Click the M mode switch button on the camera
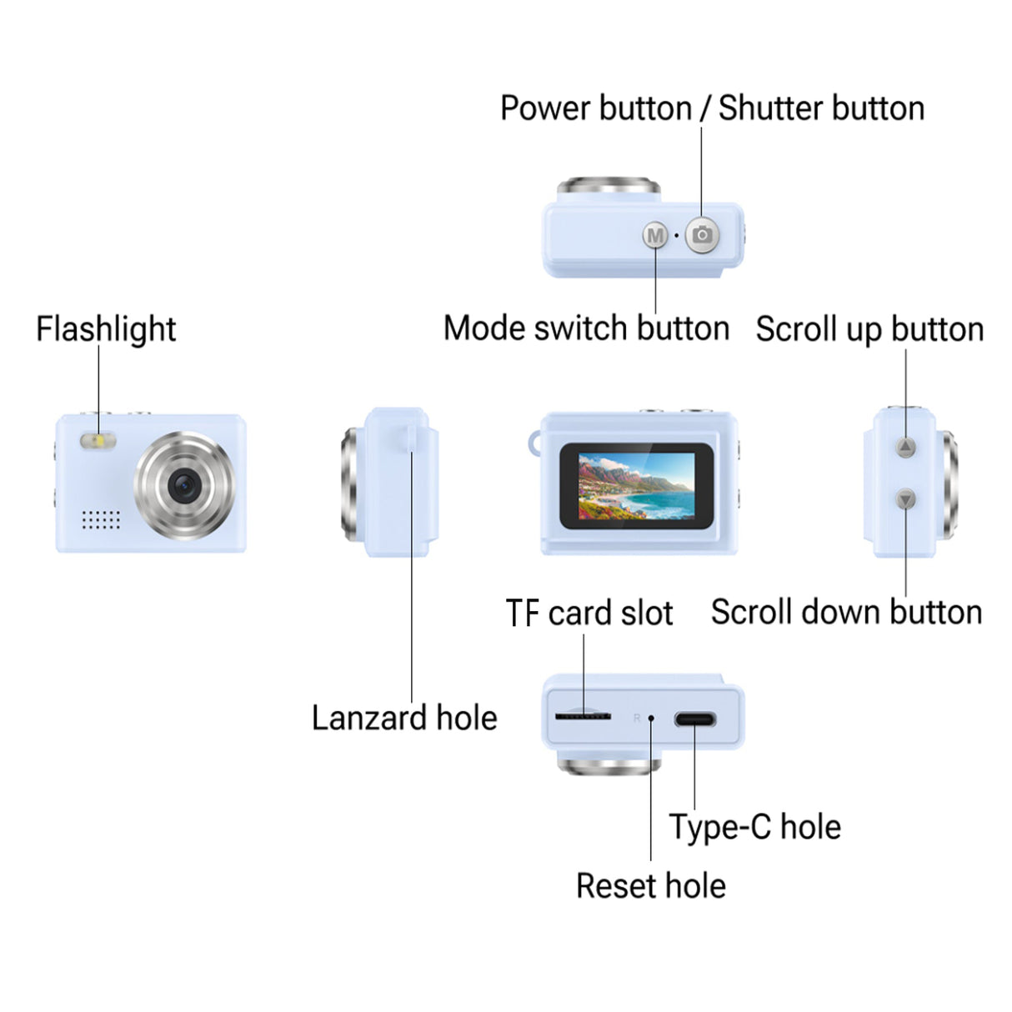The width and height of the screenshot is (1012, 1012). click(655, 236)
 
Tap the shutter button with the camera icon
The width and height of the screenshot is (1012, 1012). click(702, 235)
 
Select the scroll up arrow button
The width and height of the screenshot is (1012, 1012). click(906, 448)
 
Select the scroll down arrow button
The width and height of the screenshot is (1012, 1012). click(906, 499)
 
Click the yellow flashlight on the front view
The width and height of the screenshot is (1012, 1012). click(98, 441)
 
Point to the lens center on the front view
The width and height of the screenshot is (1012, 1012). click(183, 485)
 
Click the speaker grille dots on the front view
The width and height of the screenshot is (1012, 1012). click(101, 519)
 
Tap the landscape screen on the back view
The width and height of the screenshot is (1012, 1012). click(636, 486)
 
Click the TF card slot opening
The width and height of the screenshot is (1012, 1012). click(583, 716)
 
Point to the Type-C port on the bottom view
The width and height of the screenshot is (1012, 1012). click(694, 719)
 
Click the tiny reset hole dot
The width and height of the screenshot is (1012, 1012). click(651, 718)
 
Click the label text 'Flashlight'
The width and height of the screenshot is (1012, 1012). click(106, 328)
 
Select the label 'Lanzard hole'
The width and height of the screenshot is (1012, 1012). click(404, 718)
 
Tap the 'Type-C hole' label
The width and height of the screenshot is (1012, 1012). click(755, 827)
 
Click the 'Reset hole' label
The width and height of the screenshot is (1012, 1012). click(650, 885)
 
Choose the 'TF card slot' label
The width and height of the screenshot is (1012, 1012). click(589, 613)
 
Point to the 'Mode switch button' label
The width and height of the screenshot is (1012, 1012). click(586, 328)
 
